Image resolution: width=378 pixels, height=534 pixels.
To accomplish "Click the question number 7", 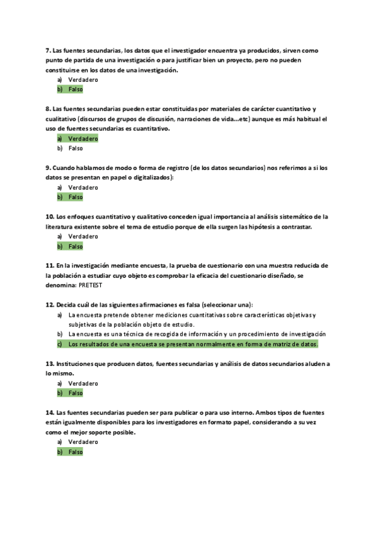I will (x=49, y=50).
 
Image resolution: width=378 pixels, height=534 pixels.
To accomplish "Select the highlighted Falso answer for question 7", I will (x=75, y=89).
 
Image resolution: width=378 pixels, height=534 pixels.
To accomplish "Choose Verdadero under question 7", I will (x=83, y=80).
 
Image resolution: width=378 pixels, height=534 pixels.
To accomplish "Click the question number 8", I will (x=49, y=109).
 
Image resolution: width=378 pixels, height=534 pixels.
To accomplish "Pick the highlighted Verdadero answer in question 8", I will (x=83, y=139).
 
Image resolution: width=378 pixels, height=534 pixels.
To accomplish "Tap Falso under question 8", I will (x=75, y=149).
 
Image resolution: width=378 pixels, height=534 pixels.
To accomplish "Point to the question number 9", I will (x=49, y=168).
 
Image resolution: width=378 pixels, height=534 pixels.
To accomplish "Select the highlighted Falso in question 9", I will (x=75, y=197).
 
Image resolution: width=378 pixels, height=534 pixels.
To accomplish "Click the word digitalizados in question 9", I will (x=151, y=178).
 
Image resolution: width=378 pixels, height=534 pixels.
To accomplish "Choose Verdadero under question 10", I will (x=83, y=236).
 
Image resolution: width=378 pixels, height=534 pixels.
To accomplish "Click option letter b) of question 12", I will (x=60, y=334).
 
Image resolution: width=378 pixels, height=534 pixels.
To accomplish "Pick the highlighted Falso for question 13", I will (x=75, y=393).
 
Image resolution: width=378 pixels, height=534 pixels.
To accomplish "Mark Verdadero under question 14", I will (x=83, y=442).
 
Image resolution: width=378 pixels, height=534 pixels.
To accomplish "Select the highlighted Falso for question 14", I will (x=75, y=452).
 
